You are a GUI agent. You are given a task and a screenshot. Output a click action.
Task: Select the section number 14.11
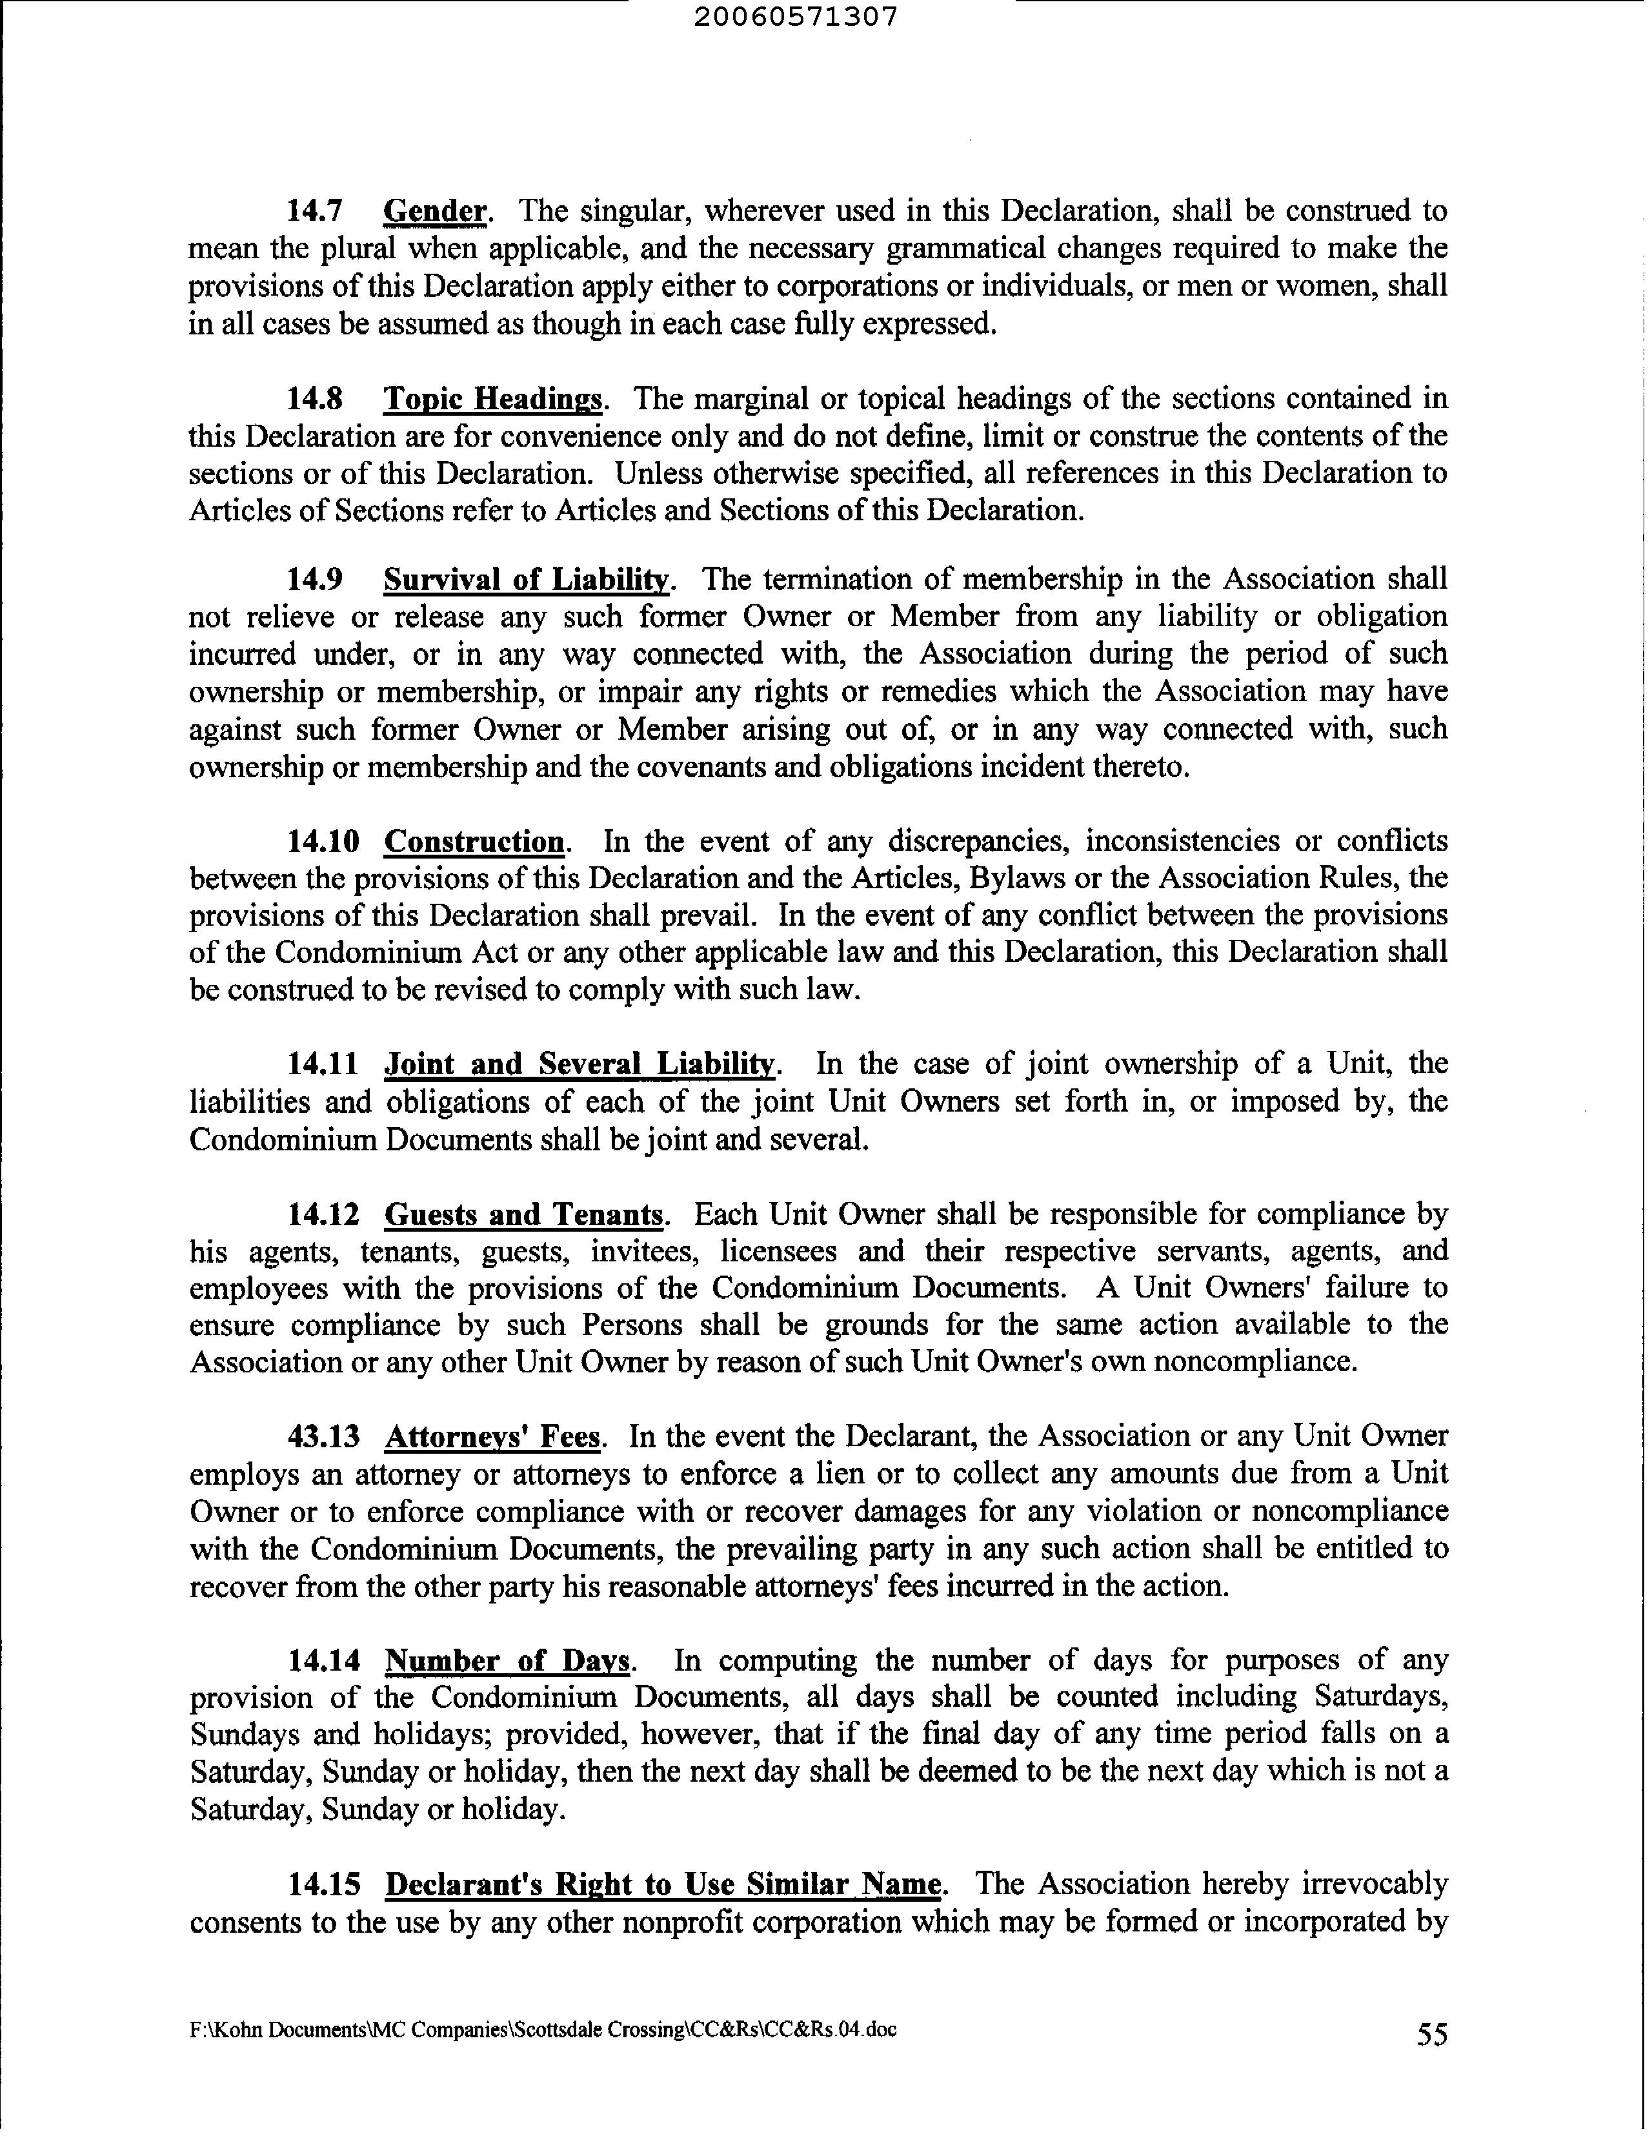pyautogui.click(x=323, y=1063)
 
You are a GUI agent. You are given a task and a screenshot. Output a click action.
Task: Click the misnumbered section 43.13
pyautogui.click(x=323, y=1436)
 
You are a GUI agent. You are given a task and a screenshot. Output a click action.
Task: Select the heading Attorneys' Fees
pyautogui.click(x=492, y=1436)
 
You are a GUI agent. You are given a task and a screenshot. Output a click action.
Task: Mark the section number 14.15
pyautogui.click(x=323, y=1884)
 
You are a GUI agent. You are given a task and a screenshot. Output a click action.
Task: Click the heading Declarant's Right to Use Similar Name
pyautogui.click(x=663, y=1884)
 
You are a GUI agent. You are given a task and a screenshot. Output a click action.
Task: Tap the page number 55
pyautogui.click(x=1432, y=2035)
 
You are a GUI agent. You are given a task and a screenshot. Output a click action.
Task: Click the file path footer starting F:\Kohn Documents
pyautogui.click(x=543, y=2030)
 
